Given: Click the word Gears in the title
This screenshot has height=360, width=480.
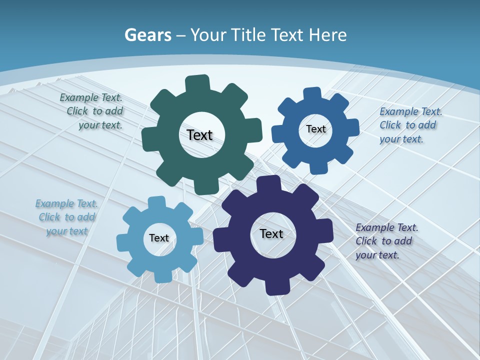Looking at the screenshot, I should [x=148, y=35].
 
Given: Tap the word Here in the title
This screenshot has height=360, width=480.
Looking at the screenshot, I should [x=327, y=35].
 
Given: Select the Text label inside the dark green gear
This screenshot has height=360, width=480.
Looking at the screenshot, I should [x=199, y=135].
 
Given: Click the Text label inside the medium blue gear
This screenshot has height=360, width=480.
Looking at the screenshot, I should [x=315, y=129].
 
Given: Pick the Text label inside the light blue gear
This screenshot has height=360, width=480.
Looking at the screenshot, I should [x=159, y=238].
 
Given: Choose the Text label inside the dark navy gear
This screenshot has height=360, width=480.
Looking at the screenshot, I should [x=271, y=233].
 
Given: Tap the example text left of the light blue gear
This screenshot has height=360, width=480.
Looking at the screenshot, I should [x=66, y=217].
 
